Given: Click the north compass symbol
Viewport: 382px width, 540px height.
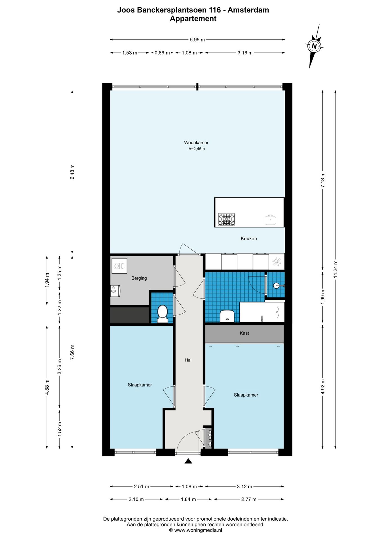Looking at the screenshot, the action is point(314,46).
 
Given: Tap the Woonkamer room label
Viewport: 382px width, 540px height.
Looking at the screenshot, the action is point(196,143).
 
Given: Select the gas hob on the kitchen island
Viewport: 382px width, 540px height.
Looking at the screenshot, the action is point(226,219).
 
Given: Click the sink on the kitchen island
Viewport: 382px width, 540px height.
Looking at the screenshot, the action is point(270,220).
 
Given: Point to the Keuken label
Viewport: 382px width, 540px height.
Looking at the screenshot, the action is point(249,238).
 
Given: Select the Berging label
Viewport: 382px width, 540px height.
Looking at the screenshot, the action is point(139,278).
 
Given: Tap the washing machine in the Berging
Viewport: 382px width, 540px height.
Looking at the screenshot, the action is point(119,266).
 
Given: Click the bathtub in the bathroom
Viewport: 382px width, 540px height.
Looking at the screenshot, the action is point(262,312).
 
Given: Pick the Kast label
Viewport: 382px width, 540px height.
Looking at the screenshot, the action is point(244,333).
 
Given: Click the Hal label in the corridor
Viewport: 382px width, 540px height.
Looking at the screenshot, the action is point(188,360).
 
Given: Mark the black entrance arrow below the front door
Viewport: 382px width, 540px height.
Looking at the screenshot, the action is point(188,461).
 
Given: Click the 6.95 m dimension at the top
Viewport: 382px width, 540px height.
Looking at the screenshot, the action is point(197,40).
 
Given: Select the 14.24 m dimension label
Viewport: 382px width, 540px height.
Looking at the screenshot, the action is point(335,269).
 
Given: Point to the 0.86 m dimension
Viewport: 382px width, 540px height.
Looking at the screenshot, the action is point(162,53).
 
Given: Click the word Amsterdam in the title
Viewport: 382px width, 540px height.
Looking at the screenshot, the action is point(248,10).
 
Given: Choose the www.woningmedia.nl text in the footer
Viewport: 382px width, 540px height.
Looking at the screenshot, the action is point(198,530).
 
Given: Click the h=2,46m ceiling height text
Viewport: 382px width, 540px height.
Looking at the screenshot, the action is point(197,149).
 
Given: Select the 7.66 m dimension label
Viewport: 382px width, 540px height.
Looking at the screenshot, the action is point(72,352).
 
